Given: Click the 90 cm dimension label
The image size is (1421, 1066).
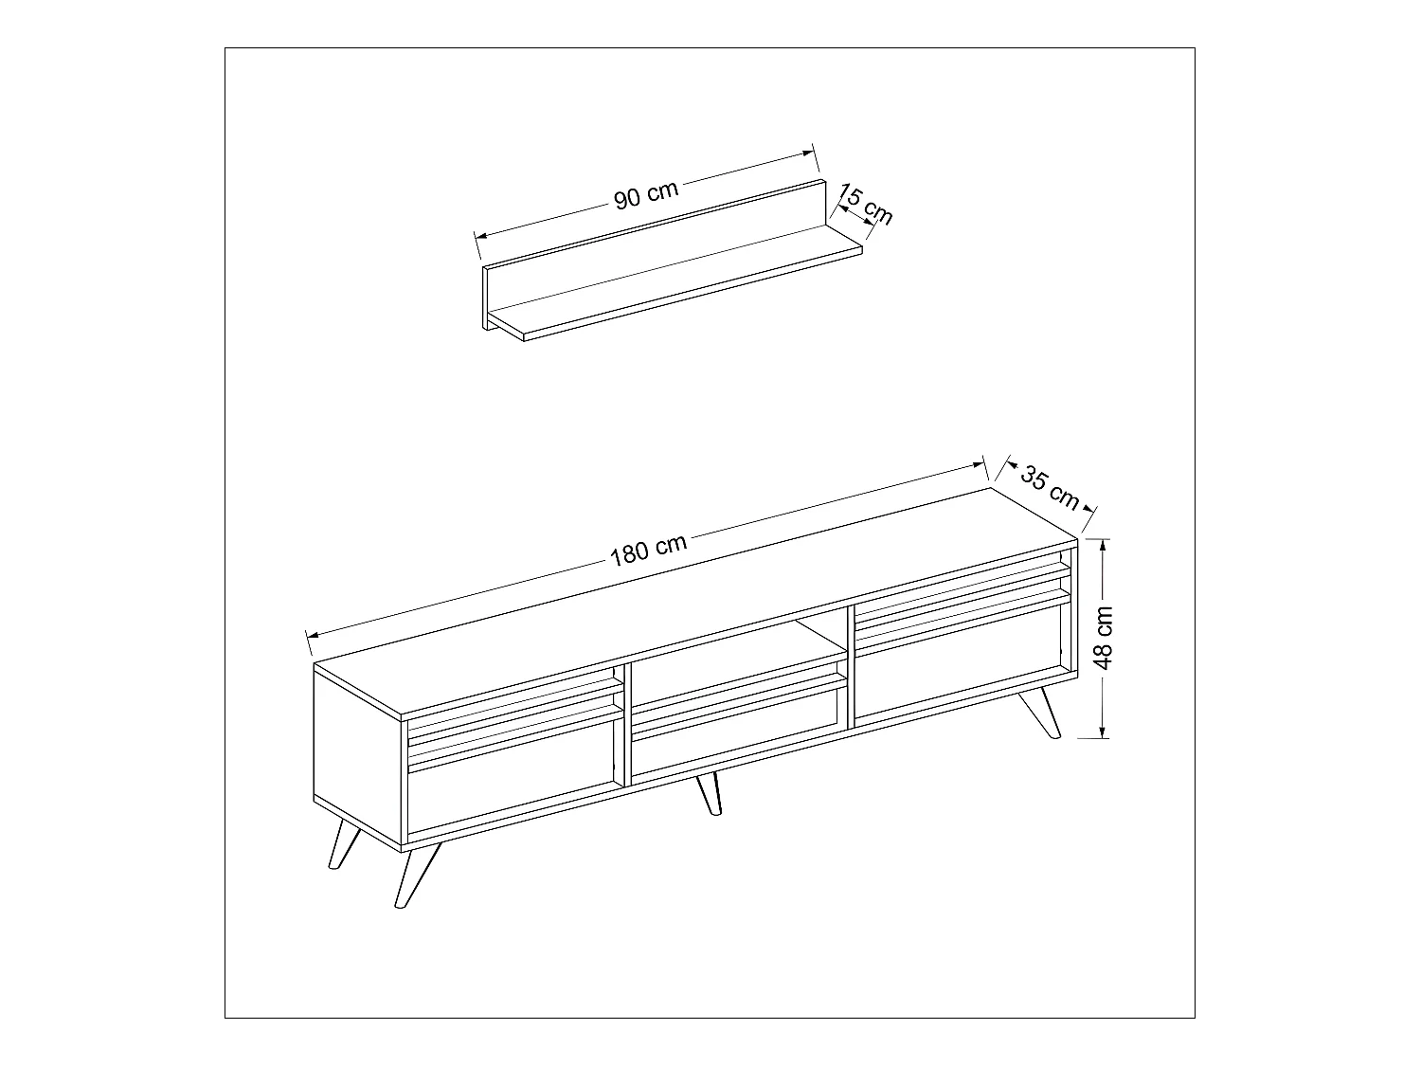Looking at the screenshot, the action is (x=645, y=194).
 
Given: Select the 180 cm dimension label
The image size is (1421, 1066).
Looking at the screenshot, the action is (x=648, y=550).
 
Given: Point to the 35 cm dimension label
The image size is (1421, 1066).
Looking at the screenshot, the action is (x=1050, y=487).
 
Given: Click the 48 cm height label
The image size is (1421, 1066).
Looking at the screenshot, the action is (x=1103, y=638).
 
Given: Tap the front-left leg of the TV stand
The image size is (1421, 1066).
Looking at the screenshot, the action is (x=417, y=875).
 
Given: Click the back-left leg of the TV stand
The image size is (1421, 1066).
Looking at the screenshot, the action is (x=343, y=842).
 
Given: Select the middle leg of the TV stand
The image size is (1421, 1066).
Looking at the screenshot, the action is (x=709, y=793).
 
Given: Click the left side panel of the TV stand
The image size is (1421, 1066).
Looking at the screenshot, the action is (x=357, y=755).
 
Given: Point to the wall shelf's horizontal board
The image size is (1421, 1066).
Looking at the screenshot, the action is (x=675, y=282).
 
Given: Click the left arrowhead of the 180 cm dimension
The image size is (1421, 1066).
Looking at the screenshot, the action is (x=314, y=634).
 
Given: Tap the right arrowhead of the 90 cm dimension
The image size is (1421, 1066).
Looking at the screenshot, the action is (x=806, y=154).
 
